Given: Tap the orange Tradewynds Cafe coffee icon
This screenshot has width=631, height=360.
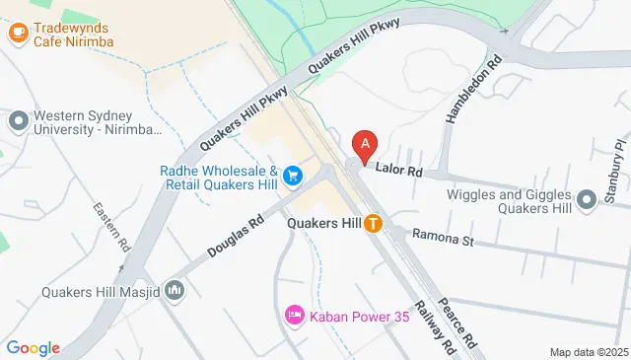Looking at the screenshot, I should click(18, 33).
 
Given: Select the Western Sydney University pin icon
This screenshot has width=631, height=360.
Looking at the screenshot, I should click(18, 122).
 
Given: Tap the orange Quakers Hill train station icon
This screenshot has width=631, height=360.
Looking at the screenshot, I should click(374, 223).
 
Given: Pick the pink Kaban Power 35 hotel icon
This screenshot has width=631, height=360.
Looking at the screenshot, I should click(294, 316).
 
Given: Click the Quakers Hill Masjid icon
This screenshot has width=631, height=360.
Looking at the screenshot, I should click(175, 290).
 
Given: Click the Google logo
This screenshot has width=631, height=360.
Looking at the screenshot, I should click(33, 348).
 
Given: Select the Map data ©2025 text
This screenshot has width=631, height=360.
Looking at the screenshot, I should click(588, 352).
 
